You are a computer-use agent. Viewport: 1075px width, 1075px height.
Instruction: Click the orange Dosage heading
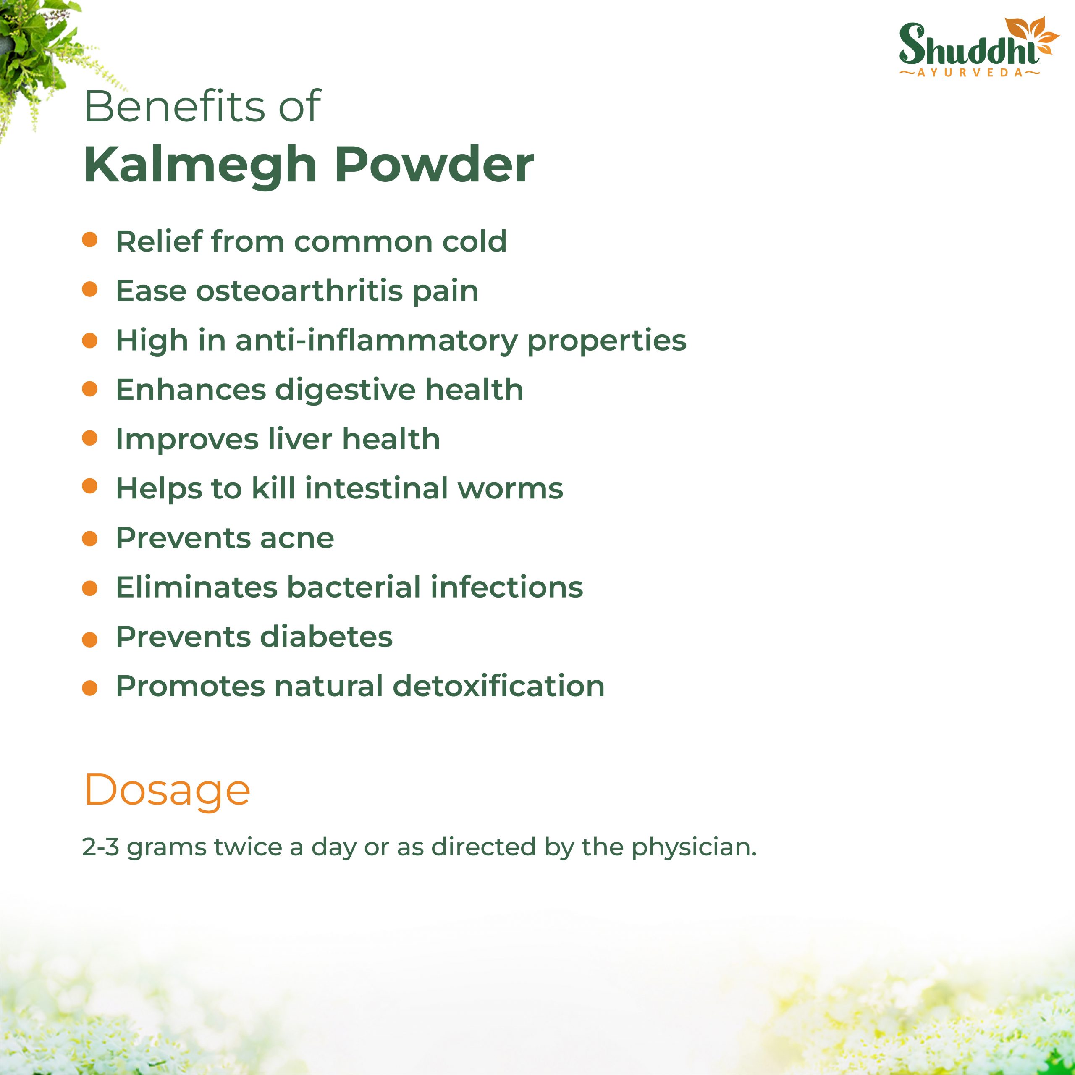[167, 791]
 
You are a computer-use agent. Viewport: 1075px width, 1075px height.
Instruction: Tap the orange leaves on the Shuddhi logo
[1033, 36]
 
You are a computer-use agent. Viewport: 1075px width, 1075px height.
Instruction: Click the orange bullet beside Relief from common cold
[89, 240]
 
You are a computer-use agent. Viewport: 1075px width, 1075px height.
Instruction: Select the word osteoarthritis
[299, 291]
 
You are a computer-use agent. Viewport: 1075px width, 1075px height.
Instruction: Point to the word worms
[510, 489]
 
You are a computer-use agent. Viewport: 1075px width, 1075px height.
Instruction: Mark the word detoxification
[498, 686]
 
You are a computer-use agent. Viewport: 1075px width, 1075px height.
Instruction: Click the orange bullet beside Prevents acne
[89, 539]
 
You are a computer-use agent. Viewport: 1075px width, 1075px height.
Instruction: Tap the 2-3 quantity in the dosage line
[100, 847]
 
